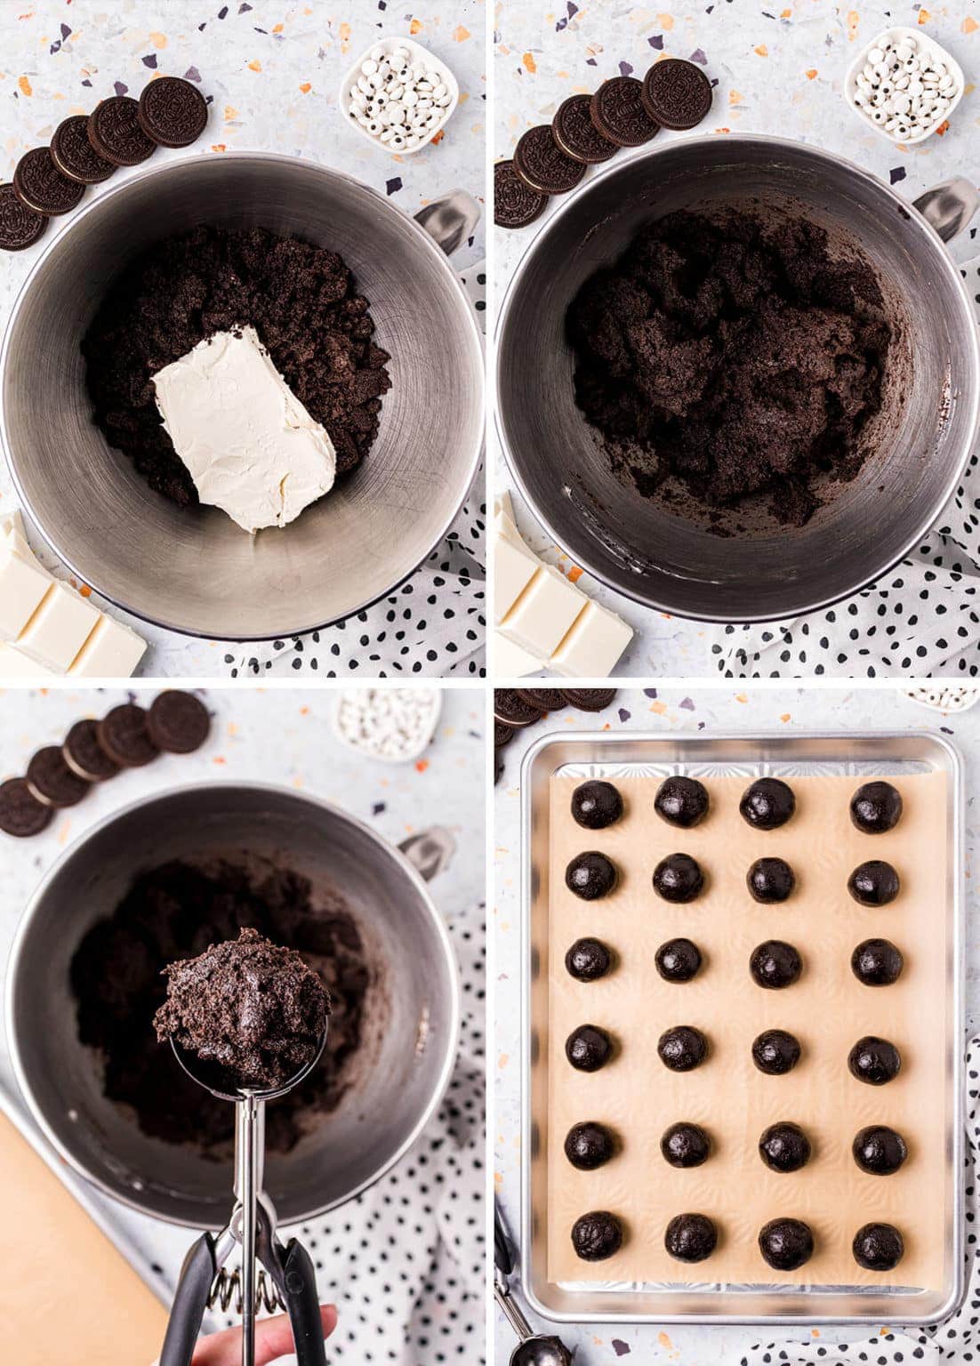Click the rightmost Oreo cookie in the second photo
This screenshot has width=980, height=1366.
click(x=678, y=92)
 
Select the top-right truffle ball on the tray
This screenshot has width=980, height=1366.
click(x=876, y=807)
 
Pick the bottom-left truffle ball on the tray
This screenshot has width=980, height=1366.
click(x=597, y=1235)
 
